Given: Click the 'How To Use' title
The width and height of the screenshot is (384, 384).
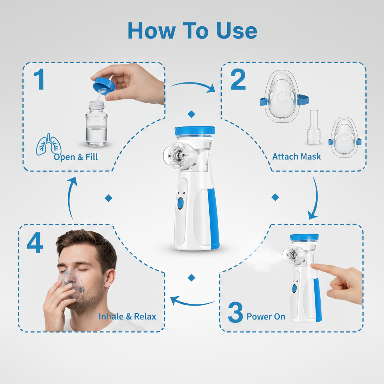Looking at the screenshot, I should click(192, 31).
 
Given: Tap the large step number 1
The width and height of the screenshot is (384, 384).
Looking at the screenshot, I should click(39, 80).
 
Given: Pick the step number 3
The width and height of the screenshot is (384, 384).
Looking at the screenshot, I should click(235, 314).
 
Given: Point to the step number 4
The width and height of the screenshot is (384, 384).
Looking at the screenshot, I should click(34, 243).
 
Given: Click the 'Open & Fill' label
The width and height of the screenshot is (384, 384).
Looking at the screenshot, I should click(76, 157).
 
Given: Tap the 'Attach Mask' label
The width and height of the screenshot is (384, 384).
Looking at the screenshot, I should click(297, 156).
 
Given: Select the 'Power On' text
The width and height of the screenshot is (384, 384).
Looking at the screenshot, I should click(266, 316).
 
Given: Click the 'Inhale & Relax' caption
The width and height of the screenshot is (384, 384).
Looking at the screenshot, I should click(127, 316).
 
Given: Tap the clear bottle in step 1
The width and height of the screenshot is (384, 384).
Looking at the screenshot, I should click(96, 126).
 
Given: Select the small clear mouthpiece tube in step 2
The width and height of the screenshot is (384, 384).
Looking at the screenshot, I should click(313, 127).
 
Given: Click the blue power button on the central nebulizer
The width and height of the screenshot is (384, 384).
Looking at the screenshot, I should click(180, 203).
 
